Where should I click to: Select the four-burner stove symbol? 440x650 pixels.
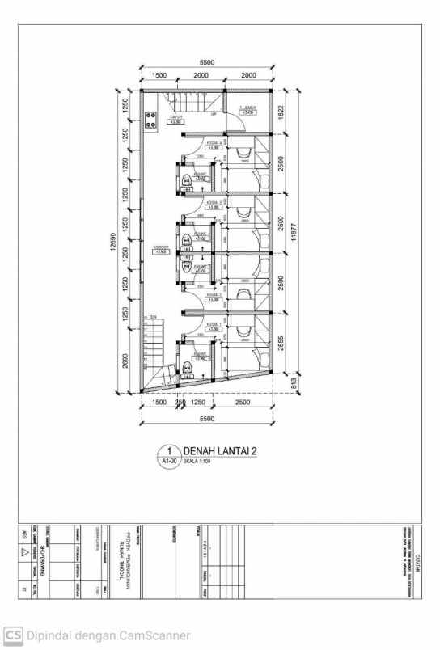(x=150, y=122)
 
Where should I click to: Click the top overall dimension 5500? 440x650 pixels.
(x=208, y=62)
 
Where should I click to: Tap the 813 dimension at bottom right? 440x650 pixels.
(x=293, y=384)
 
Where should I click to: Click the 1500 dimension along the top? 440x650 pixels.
(x=159, y=75)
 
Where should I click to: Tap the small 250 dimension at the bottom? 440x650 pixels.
(x=180, y=402)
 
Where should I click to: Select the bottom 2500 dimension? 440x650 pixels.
(x=241, y=402)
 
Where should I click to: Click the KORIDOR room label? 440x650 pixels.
(x=160, y=249)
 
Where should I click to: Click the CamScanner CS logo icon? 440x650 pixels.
(x=14, y=635)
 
